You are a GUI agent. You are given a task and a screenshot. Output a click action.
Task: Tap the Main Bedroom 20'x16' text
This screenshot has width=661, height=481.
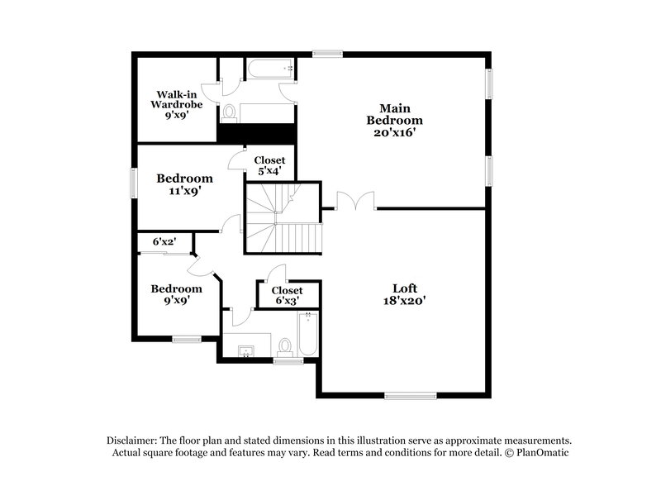click(x=395, y=120)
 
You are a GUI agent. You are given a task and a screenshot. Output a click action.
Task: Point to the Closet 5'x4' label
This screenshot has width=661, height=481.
click(x=269, y=165)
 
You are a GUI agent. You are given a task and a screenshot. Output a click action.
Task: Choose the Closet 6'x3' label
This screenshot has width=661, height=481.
click(x=287, y=296)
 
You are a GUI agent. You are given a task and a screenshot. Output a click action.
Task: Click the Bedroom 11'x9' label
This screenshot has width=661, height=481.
click(x=185, y=183)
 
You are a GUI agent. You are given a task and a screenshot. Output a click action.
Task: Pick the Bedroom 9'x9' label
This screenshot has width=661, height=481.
click(x=176, y=294)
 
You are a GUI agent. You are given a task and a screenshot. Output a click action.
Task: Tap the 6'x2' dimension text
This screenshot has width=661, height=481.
click(x=164, y=242)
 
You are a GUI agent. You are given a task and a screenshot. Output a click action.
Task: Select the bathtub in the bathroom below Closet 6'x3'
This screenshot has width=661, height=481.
click(x=307, y=335)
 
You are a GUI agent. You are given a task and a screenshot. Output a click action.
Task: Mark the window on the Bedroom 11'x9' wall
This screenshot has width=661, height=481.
click(x=134, y=183)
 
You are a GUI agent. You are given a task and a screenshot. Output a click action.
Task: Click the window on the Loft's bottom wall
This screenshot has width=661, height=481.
click(x=409, y=395)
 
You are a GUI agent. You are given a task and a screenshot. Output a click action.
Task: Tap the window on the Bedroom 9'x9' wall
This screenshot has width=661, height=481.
click(x=187, y=338)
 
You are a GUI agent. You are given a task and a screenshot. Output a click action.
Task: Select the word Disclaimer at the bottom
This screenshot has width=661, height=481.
click(x=133, y=441)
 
